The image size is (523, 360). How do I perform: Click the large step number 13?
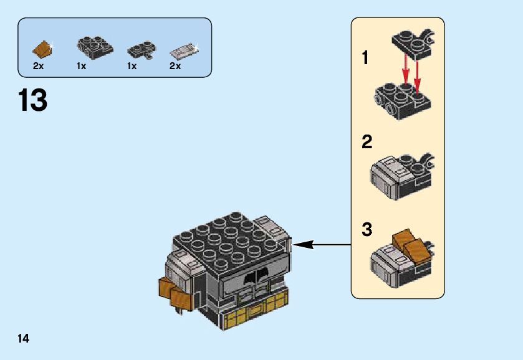(32, 100)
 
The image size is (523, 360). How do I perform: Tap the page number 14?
(24, 338)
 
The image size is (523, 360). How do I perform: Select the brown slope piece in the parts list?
(42, 47)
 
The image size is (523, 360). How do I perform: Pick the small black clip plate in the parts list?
(141, 49)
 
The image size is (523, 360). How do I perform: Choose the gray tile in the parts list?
(184, 49)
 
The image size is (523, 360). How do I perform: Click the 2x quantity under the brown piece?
(39, 66)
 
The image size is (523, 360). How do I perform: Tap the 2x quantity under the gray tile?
(175, 66)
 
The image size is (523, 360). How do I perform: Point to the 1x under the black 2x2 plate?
(82, 66)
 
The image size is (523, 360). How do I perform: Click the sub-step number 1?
(366, 59)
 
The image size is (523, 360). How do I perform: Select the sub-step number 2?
(367, 142)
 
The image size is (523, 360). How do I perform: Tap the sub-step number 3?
(367, 230)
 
